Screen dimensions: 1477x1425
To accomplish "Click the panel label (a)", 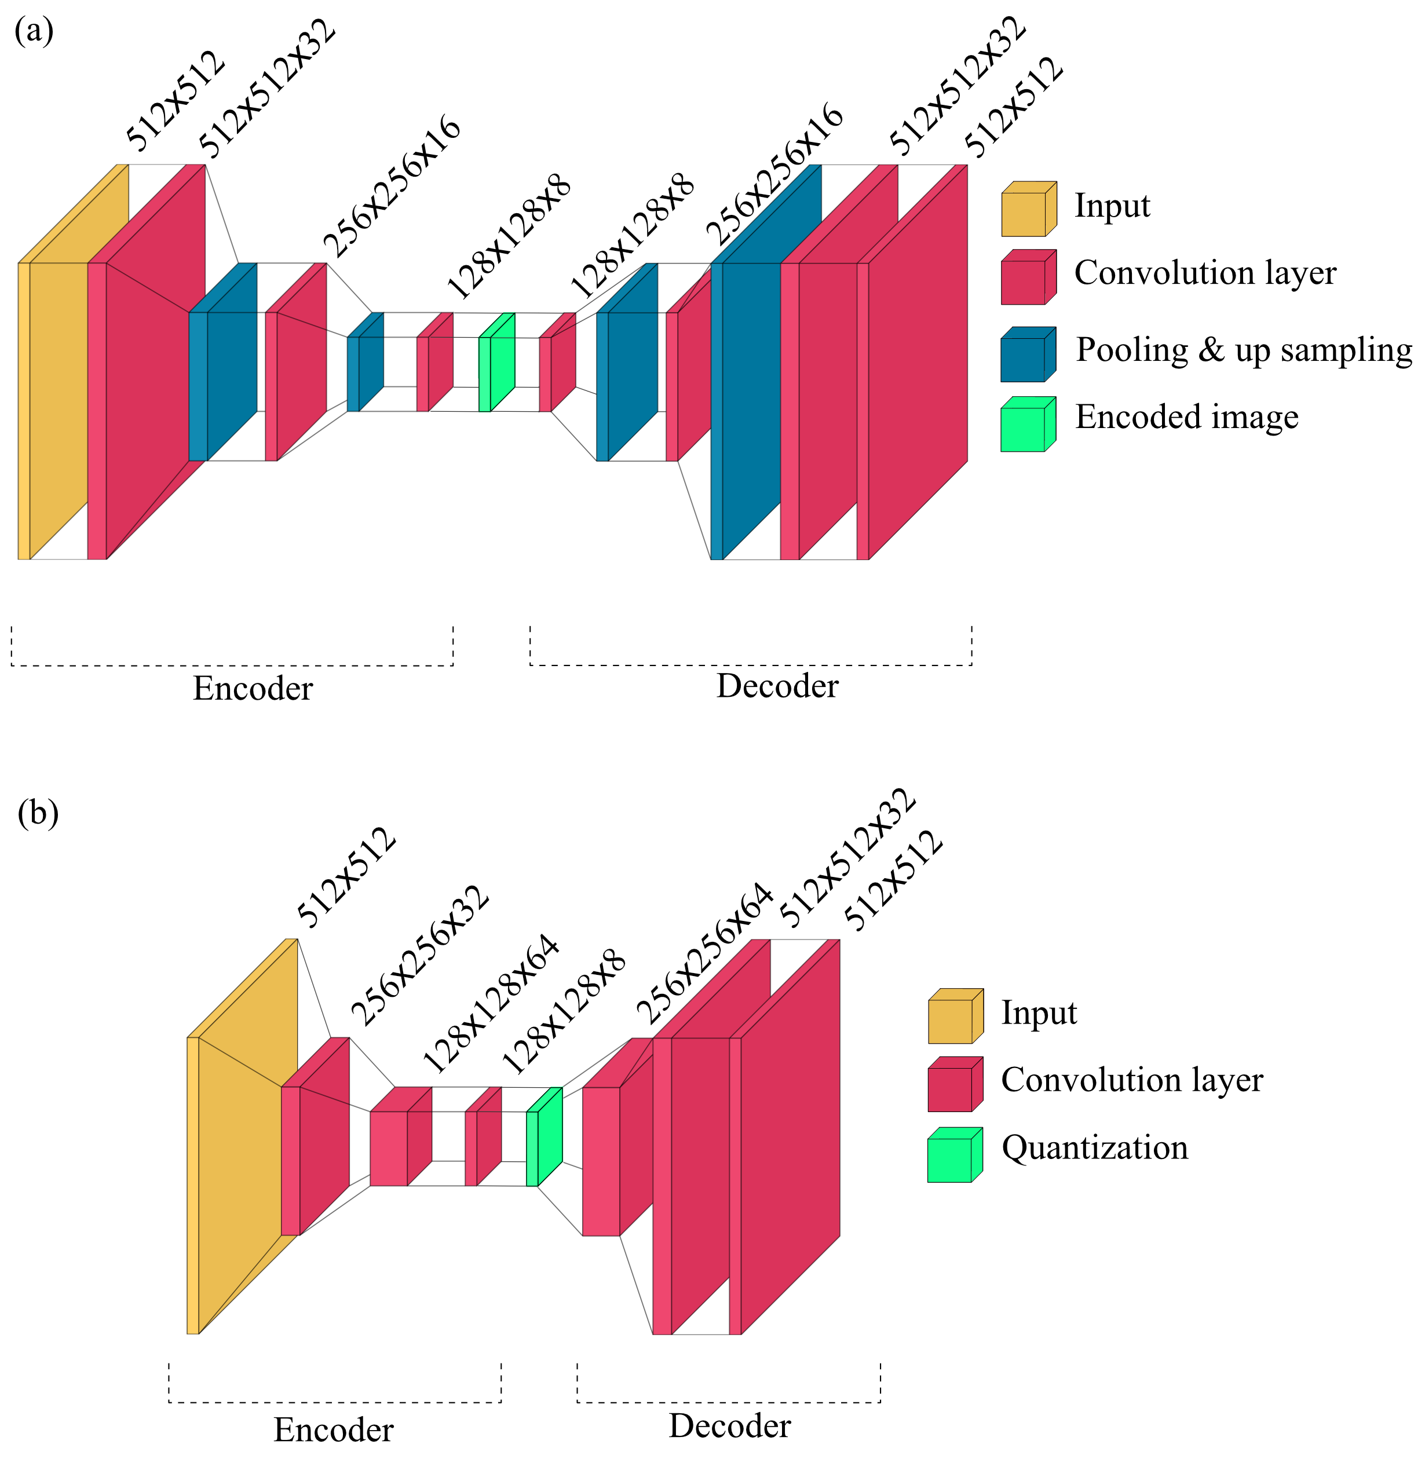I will click(x=34, y=32).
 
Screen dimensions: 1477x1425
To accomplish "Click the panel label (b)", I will click(x=38, y=814).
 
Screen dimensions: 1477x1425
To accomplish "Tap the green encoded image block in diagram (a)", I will click(x=498, y=364).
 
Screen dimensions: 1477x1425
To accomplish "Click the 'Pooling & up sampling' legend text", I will click(x=1243, y=350).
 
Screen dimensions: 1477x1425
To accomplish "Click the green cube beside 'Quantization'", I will click(x=954, y=1155).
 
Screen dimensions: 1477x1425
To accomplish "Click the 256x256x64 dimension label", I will click(x=704, y=953).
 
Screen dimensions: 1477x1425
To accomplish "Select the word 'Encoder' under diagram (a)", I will click(x=253, y=689).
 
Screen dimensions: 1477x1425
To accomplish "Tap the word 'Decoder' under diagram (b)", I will click(x=729, y=1427).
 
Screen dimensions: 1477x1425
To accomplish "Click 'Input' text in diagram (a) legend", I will click(x=1112, y=206).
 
